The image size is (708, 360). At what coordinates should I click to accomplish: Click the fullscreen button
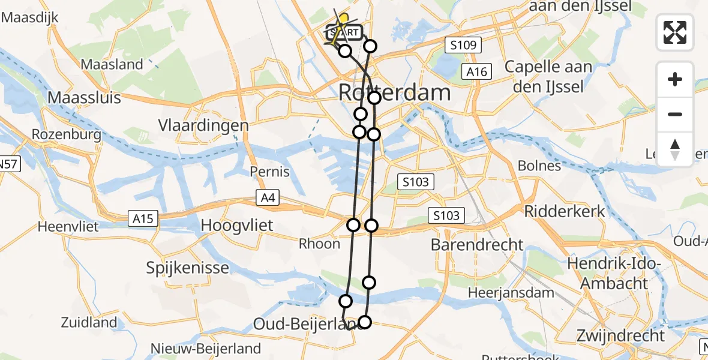point(675,32)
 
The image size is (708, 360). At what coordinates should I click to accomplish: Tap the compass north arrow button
point(675,149)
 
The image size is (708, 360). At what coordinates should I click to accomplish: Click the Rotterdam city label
point(394,93)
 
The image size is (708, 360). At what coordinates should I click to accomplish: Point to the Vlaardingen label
point(203,125)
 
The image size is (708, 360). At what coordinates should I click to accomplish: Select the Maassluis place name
point(84,98)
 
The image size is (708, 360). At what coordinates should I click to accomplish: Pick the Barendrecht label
point(477,244)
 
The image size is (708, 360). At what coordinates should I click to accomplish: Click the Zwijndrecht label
point(620,335)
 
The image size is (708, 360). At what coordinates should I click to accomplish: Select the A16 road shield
point(478,72)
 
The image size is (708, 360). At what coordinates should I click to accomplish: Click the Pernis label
point(270,172)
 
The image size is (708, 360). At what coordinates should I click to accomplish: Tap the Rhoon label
point(319,244)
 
